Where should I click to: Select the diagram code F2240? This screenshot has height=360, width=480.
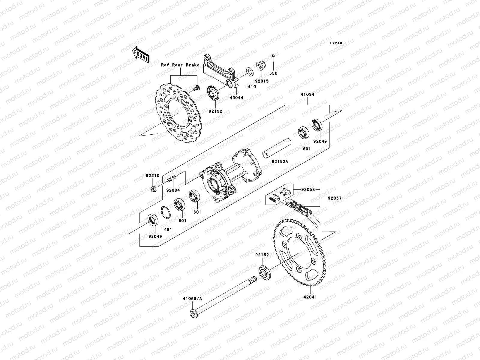coord(336,43)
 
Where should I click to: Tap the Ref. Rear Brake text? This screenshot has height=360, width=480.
coord(180,65)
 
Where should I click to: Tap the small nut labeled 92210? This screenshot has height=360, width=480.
coord(153,189)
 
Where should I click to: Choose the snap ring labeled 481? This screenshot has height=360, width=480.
coord(165,213)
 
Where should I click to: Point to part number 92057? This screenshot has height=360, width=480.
coord(334,198)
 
